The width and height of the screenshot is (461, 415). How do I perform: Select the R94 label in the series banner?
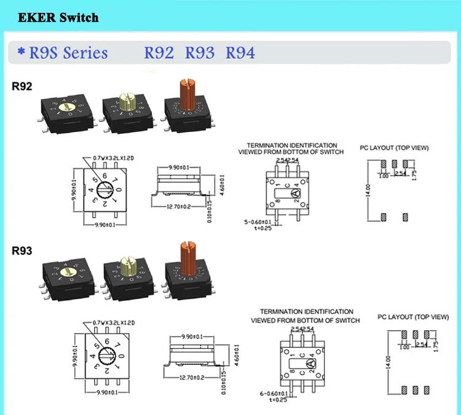coord(240,53)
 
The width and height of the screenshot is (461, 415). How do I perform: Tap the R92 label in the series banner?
coord(159,53)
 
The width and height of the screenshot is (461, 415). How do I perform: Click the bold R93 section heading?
coord(23,250)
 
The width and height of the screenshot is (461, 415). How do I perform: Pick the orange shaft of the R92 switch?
coord(186,95)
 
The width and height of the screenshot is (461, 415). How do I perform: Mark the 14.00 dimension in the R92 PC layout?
coord(368,190)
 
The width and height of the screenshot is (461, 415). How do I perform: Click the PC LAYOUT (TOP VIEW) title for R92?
coord(394,148)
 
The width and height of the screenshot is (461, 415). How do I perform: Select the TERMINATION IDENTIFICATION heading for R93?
coord(306,312)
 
